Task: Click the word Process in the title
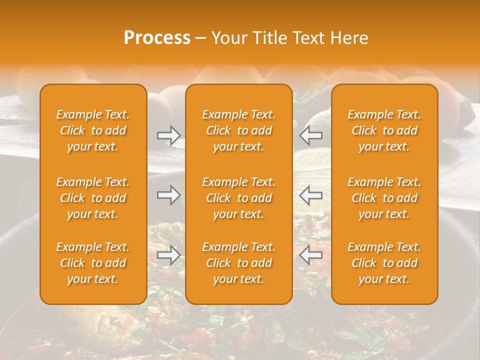(x=157, y=38)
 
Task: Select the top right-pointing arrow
(x=168, y=135)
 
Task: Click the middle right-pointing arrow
(x=168, y=195)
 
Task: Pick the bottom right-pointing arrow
(x=168, y=255)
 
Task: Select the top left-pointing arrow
(x=310, y=135)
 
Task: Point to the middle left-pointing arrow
(x=310, y=195)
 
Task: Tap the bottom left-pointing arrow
(x=310, y=255)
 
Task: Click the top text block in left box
(x=93, y=130)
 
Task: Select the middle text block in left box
(x=93, y=198)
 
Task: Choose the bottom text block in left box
(x=93, y=263)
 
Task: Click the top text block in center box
(x=239, y=130)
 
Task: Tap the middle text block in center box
(x=239, y=198)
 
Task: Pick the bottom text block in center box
(x=239, y=263)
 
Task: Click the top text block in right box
(x=384, y=130)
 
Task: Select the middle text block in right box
(x=384, y=198)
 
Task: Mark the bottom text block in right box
(x=384, y=263)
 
